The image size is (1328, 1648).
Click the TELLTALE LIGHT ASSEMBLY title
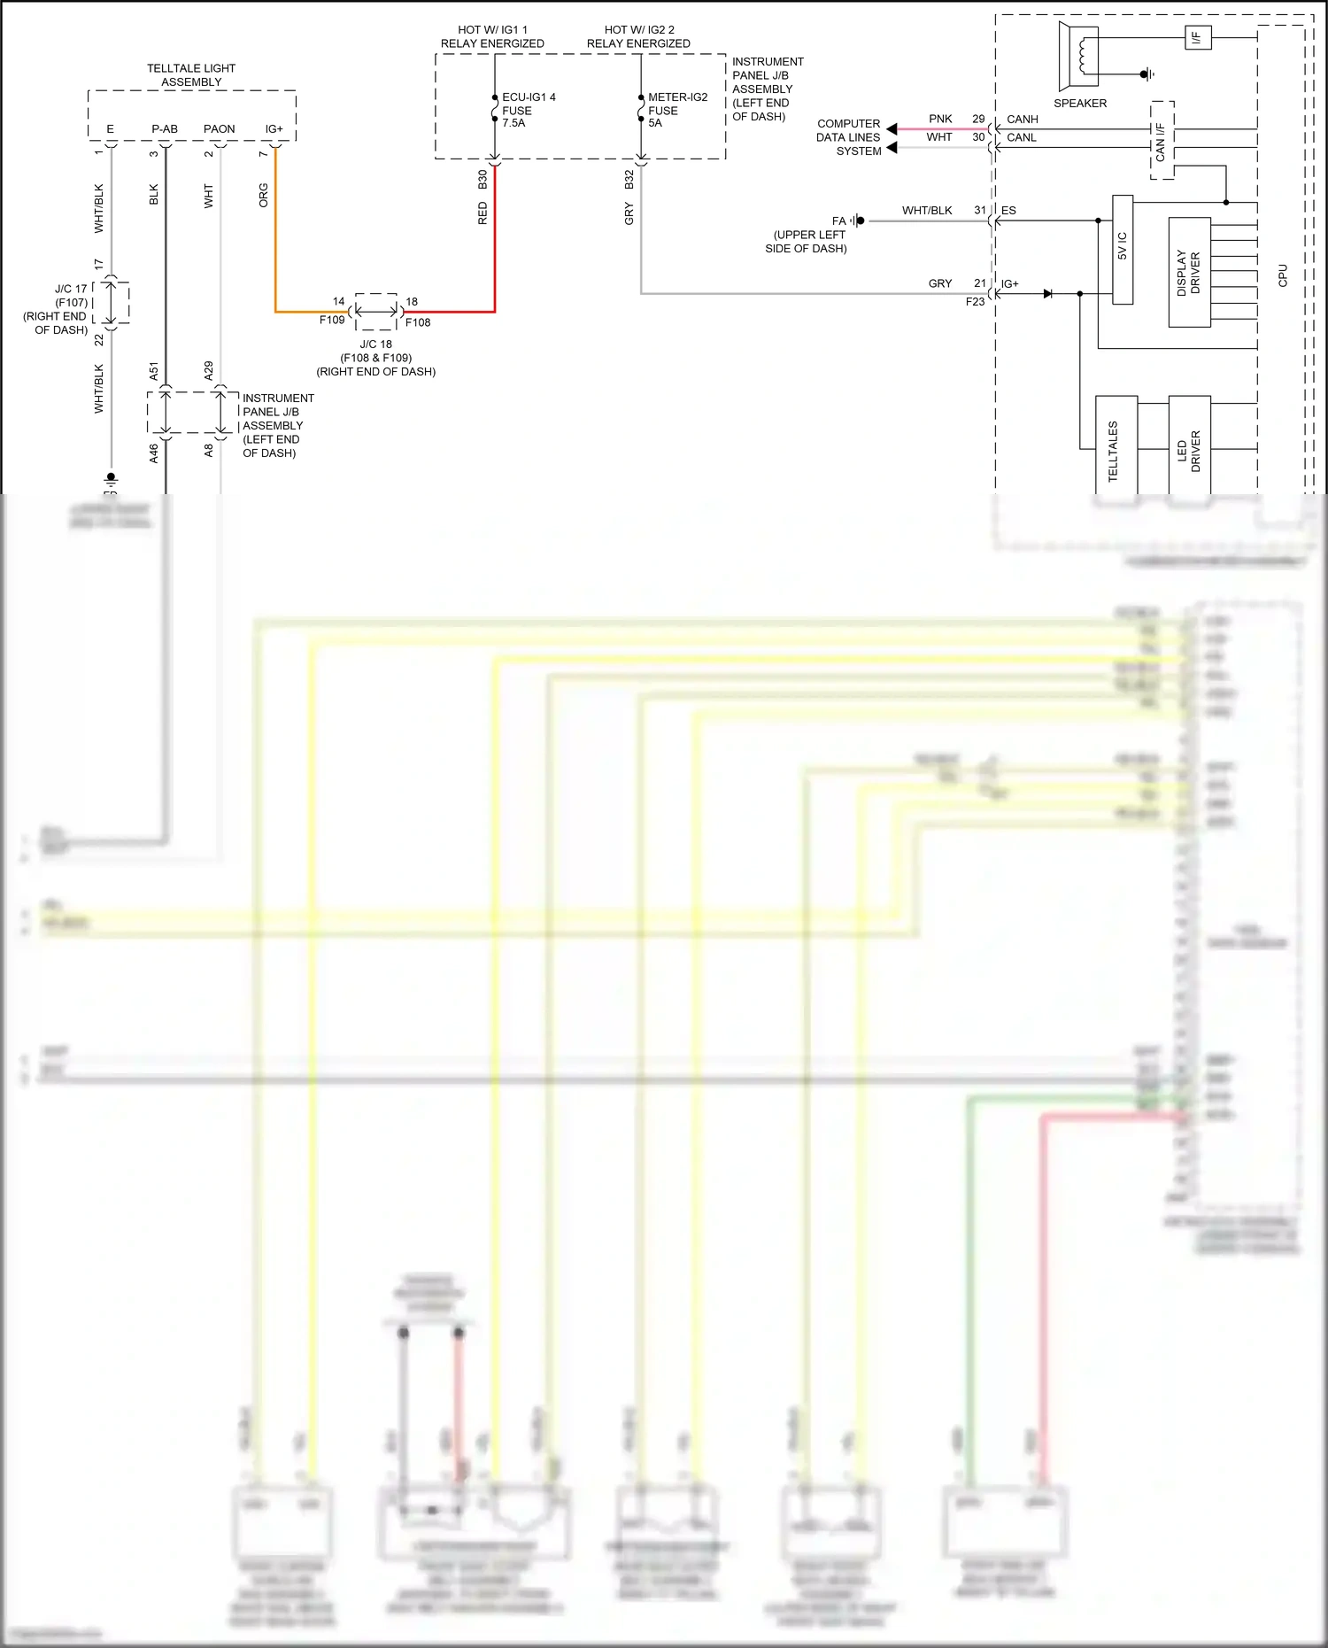[191, 75]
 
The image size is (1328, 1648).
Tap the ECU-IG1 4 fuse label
[529, 110]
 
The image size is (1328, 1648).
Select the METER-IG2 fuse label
[677, 110]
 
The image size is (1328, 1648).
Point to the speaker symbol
[1079, 56]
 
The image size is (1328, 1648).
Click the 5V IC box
[1123, 249]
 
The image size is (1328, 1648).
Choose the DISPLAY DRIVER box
[1189, 273]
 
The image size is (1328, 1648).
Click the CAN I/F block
[1162, 141]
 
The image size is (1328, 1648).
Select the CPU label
[1283, 275]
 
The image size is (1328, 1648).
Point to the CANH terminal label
[1023, 120]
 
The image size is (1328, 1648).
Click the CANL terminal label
[1022, 138]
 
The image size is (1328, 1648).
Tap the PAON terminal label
[220, 129]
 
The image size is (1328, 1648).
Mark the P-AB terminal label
[165, 129]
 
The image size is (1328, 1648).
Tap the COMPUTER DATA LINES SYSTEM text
[848, 137]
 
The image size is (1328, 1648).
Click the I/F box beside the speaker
[1197, 38]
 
